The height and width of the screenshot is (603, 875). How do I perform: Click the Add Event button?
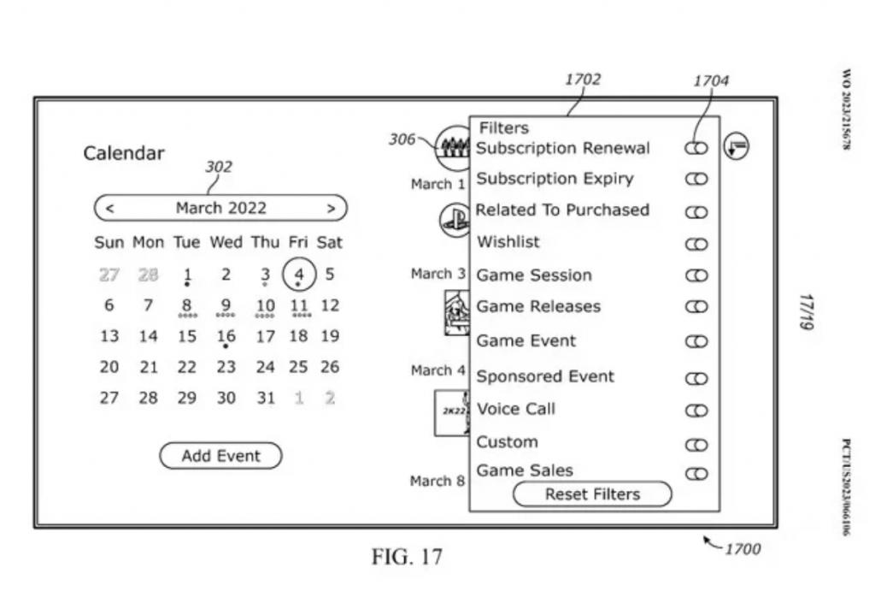coord(220,456)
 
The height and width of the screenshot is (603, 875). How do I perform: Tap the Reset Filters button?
coord(592,494)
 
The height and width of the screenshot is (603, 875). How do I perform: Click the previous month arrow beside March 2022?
coord(109,208)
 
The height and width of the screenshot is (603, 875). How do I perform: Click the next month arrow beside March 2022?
coord(331,208)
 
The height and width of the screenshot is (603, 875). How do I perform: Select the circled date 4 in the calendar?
coord(299,275)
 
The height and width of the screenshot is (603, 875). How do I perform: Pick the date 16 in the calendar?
coord(226,337)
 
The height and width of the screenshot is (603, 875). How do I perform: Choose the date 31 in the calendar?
coord(266,398)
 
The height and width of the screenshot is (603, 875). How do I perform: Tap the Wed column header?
coord(226,242)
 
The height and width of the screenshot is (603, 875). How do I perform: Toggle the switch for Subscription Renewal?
coord(696,148)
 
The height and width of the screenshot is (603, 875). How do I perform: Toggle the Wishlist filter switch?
coord(696,244)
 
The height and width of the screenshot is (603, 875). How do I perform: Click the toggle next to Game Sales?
coord(696,473)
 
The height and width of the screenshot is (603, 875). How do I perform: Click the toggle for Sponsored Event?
coord(696,377)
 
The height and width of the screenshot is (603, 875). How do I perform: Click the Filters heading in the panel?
coord(503,128)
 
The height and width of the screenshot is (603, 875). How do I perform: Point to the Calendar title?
coord(124,154)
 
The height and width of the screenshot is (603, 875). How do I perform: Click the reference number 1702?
coord(583,80)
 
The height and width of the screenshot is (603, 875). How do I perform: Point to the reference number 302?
coord(218,167)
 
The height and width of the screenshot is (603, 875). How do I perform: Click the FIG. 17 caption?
coord(407,558)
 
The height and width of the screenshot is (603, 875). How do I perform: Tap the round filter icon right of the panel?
coord(736,147)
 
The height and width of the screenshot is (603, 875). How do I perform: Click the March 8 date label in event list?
coord(437,481)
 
